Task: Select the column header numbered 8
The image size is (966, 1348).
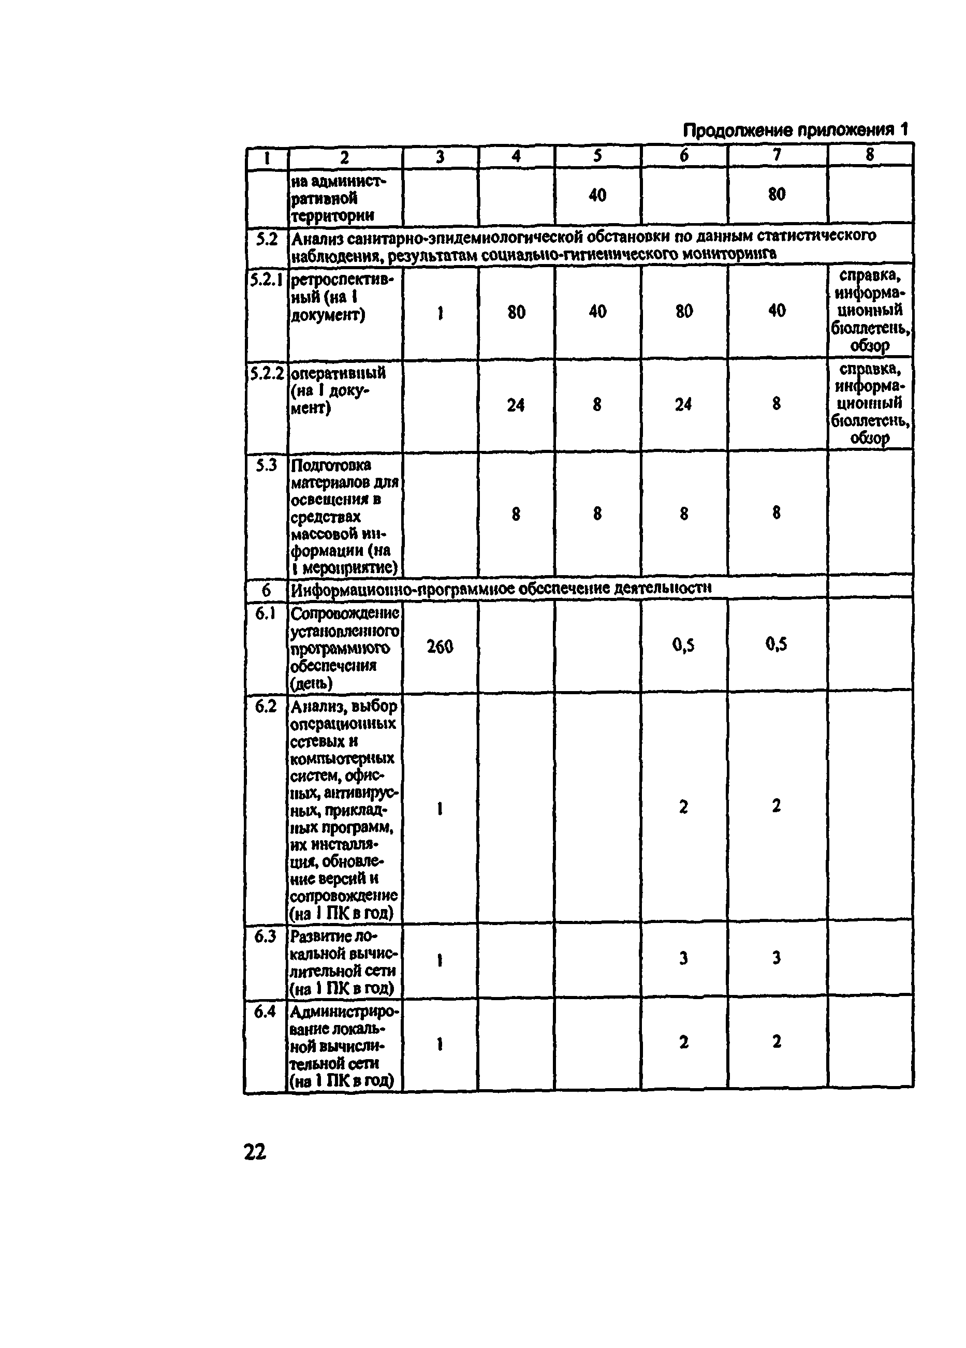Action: (x=870, y=155)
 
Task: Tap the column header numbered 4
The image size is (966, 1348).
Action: (x=516, y=156)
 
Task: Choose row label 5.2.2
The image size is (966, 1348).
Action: (x=266, y=373)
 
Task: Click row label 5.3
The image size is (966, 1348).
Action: (x=266, y=465)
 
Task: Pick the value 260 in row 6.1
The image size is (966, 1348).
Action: (x=440, y=646)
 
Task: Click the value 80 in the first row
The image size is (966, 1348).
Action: (x=777, y=194)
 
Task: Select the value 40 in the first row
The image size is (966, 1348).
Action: (x=597, y=195)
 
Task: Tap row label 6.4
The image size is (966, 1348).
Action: (x=265, y=1011)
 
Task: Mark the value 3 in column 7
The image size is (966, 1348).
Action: (x=777, y=957)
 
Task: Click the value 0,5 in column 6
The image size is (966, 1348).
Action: (x=684, y=645)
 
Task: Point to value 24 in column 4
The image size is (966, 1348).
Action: (x=516, y=405)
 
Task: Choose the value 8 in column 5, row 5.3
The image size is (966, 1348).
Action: (x=597, y=514)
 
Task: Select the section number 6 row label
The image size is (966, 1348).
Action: (x=266, y=590)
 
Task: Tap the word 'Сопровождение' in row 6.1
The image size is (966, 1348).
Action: (x=345, y=613)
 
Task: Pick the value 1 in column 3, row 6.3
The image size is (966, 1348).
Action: (x=440, y=960)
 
